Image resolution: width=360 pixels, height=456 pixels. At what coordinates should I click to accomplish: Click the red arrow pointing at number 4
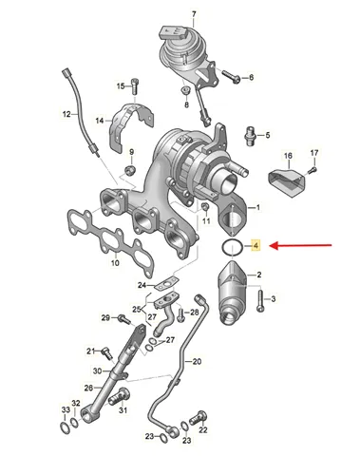click(302, 245)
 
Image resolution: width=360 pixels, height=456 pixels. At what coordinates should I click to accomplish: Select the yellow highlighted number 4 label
click(256, 245)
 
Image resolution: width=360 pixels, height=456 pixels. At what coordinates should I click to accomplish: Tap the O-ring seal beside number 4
click(233, 246)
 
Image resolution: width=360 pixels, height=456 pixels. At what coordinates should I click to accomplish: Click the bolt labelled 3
click(260, 300)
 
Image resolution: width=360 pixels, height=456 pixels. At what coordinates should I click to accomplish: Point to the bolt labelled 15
click(135, 85)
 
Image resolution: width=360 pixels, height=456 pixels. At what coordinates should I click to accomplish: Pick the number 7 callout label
click(194, 14)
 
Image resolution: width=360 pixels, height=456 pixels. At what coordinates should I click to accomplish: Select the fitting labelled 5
click(251, 136)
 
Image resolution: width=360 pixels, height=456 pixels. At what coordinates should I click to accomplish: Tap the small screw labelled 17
click(313, 170)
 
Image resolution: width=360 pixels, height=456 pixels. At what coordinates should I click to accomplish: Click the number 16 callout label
click(288, 156)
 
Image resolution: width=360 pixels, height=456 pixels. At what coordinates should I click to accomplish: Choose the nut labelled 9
click(129, 170)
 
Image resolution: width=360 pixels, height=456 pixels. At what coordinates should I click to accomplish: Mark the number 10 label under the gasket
click(115, 262)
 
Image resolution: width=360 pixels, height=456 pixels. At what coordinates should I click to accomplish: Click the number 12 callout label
click(66, 114)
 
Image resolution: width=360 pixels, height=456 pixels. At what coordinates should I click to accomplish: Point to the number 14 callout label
click(100, 121)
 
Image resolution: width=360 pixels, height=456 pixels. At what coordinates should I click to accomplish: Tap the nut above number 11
click(205, 207)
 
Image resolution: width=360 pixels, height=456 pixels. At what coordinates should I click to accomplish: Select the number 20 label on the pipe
click(197, 361)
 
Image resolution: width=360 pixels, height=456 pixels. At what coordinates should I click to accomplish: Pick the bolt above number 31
click(120, 395)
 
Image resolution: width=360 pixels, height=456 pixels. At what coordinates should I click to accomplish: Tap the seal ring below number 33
click(65, 428)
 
